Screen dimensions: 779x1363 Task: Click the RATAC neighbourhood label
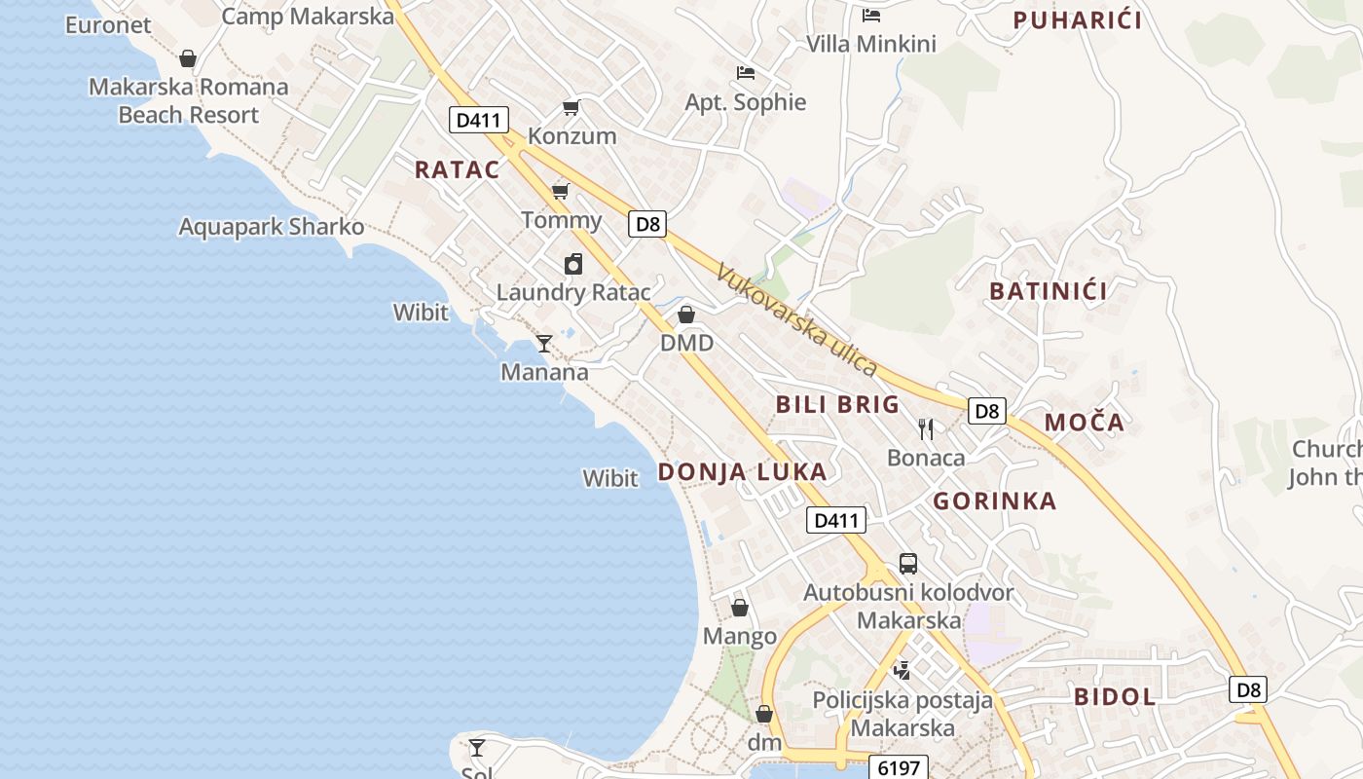point(457,169)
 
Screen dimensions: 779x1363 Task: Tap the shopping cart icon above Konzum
point(571,107)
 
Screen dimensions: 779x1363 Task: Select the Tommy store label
point(561,219)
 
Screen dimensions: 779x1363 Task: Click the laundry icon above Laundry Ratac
point(573,264)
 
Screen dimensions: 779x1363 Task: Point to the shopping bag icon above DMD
point(686,315)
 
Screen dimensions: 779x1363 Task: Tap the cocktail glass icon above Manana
point(544,343)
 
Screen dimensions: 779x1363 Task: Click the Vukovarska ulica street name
point(796,319)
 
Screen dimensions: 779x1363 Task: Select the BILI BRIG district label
point(837,404)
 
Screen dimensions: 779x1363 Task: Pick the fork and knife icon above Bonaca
point(926,428)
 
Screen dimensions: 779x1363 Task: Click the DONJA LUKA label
point(742,472)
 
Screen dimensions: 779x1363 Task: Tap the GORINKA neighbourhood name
point(994,501)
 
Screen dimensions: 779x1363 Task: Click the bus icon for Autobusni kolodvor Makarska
point(907,563)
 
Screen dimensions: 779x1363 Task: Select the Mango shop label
point(740,637)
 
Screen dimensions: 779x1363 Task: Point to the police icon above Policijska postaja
point(903,670)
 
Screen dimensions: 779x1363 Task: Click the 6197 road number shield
point(898,768)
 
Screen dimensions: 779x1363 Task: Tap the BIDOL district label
point(1115,696)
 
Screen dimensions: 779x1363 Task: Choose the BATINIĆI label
point(1049,290)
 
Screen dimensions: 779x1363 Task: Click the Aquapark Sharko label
point(271,227)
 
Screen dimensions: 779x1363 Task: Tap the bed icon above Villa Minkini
point(871,15)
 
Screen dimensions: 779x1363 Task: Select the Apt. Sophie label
point(746,102)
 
